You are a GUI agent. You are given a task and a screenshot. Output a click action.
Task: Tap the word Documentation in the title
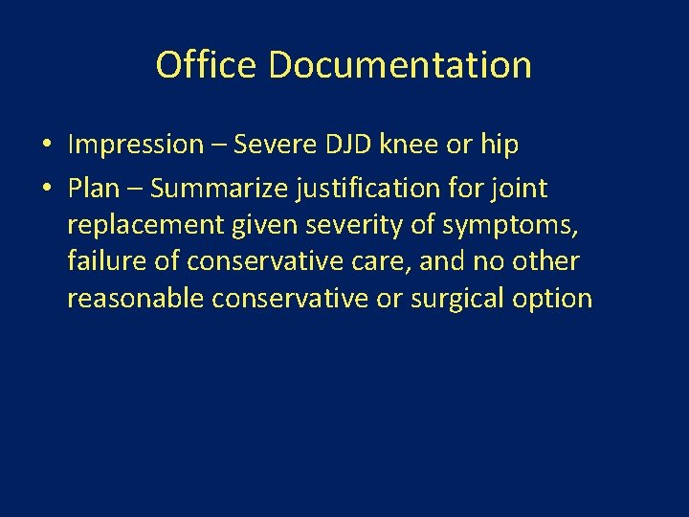400,65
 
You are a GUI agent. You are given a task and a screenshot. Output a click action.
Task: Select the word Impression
136,146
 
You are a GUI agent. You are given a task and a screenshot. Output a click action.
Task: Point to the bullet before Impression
46,146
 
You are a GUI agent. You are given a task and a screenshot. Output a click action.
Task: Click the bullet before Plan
46,189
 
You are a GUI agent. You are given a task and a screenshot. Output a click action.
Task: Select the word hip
499,146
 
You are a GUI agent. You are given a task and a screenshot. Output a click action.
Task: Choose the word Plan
94,188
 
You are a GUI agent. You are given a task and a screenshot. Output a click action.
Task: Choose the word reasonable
136,298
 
